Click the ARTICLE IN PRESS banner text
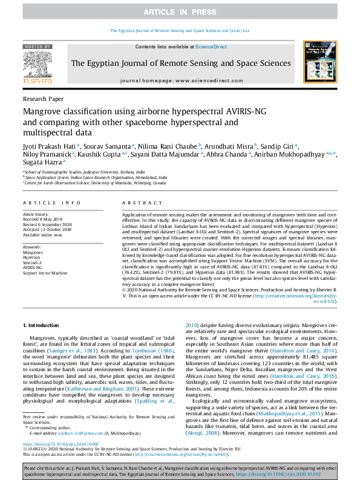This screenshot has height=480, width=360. point(180,12)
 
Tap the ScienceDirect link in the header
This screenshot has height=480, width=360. point(211,47)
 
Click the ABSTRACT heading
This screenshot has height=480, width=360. point(137,203)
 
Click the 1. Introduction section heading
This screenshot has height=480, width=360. point(43,325)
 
